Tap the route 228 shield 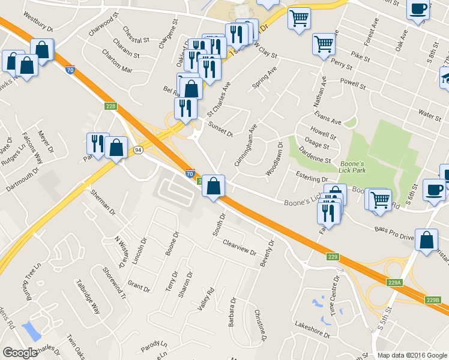coord(110,106)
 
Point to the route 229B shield coord(433,300)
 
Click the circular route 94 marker coord(138,151)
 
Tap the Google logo coord(20,353)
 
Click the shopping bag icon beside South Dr coord(213,185)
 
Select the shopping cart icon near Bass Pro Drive coord(379,199)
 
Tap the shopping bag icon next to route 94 coord(116,147)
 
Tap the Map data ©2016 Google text coord(412,355)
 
